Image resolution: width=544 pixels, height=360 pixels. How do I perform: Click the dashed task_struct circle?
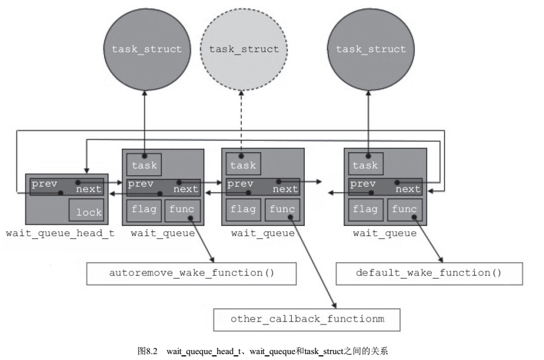tap(243, 49)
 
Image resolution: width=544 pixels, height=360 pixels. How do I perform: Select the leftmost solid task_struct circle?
tap(147, 49)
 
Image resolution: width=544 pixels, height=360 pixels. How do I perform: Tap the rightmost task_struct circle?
tap(371, 49)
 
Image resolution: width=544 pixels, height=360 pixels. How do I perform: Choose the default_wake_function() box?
tap(429, 273)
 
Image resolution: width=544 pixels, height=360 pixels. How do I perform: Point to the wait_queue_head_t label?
tap(60, 233)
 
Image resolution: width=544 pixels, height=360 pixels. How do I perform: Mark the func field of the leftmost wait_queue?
tap(183, 210)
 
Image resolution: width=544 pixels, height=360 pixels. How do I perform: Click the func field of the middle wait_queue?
tap(282, 210)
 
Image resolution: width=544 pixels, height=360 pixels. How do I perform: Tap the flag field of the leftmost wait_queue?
tap(144, 210)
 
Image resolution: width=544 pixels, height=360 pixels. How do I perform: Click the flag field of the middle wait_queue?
tap(243, 210)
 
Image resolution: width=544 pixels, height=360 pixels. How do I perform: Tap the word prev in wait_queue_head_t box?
tap(44, 184)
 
